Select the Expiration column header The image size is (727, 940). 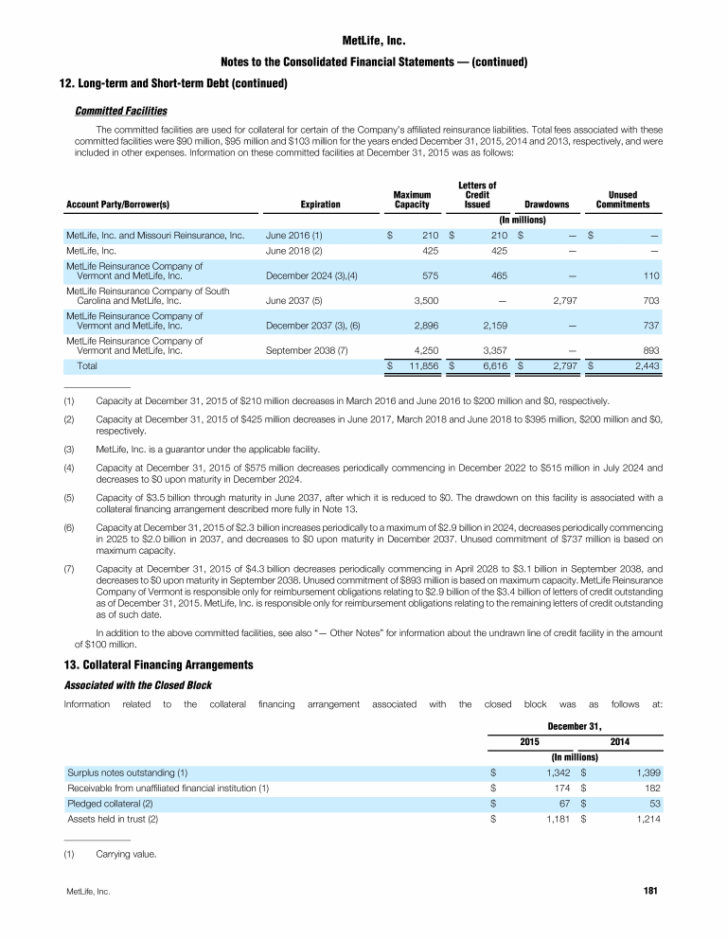pyautogui.click(x=320, y=204)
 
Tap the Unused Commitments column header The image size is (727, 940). pyautogui.click(x=622, y=199)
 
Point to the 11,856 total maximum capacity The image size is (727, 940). pyautogui.click(x=417, y=364)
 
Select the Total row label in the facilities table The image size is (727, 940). pyautogui.click(x=86, y=364)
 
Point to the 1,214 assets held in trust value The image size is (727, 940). pyautogui.click(x=642, y=819)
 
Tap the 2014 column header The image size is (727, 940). pyautogui.click(x=621, y=741)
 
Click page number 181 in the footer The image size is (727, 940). pyautogui.click(x=649, y=891)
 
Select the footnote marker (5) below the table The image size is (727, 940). pyautogui.click(x=69, y=494)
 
